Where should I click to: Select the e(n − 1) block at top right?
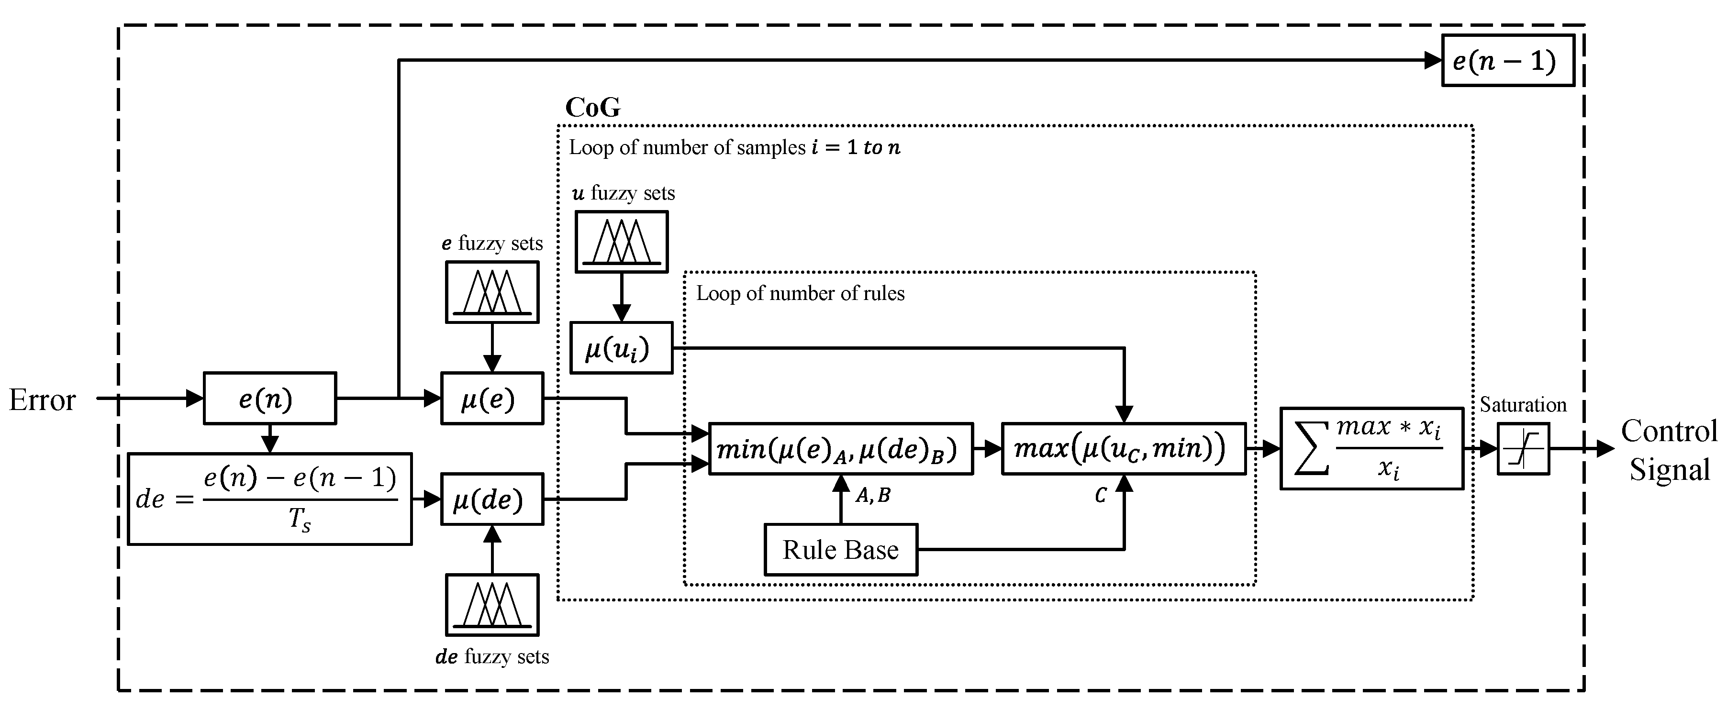click(x=1508, y=61)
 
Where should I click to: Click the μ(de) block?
click(x=491, y=499)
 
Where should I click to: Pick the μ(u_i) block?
click(x=621, y=348)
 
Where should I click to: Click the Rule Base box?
click(x=841, y=550)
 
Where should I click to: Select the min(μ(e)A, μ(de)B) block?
click(x=841, y=448)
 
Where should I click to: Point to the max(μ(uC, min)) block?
click(x=1124, y=448)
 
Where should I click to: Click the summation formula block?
click(x=1371, y=448)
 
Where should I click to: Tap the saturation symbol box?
click(x=1523, y=448)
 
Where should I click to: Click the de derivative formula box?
click(x=269, y=499)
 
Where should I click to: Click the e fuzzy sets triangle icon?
click(x=492, y=292)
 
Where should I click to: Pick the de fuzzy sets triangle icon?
click(x=492, y=605)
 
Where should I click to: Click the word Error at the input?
click(x=42, y=400)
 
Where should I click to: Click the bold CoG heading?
click(x=592, y=107)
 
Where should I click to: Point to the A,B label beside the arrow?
click(x=872, y=496)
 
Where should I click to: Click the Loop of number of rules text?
click(x=801, y=294)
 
